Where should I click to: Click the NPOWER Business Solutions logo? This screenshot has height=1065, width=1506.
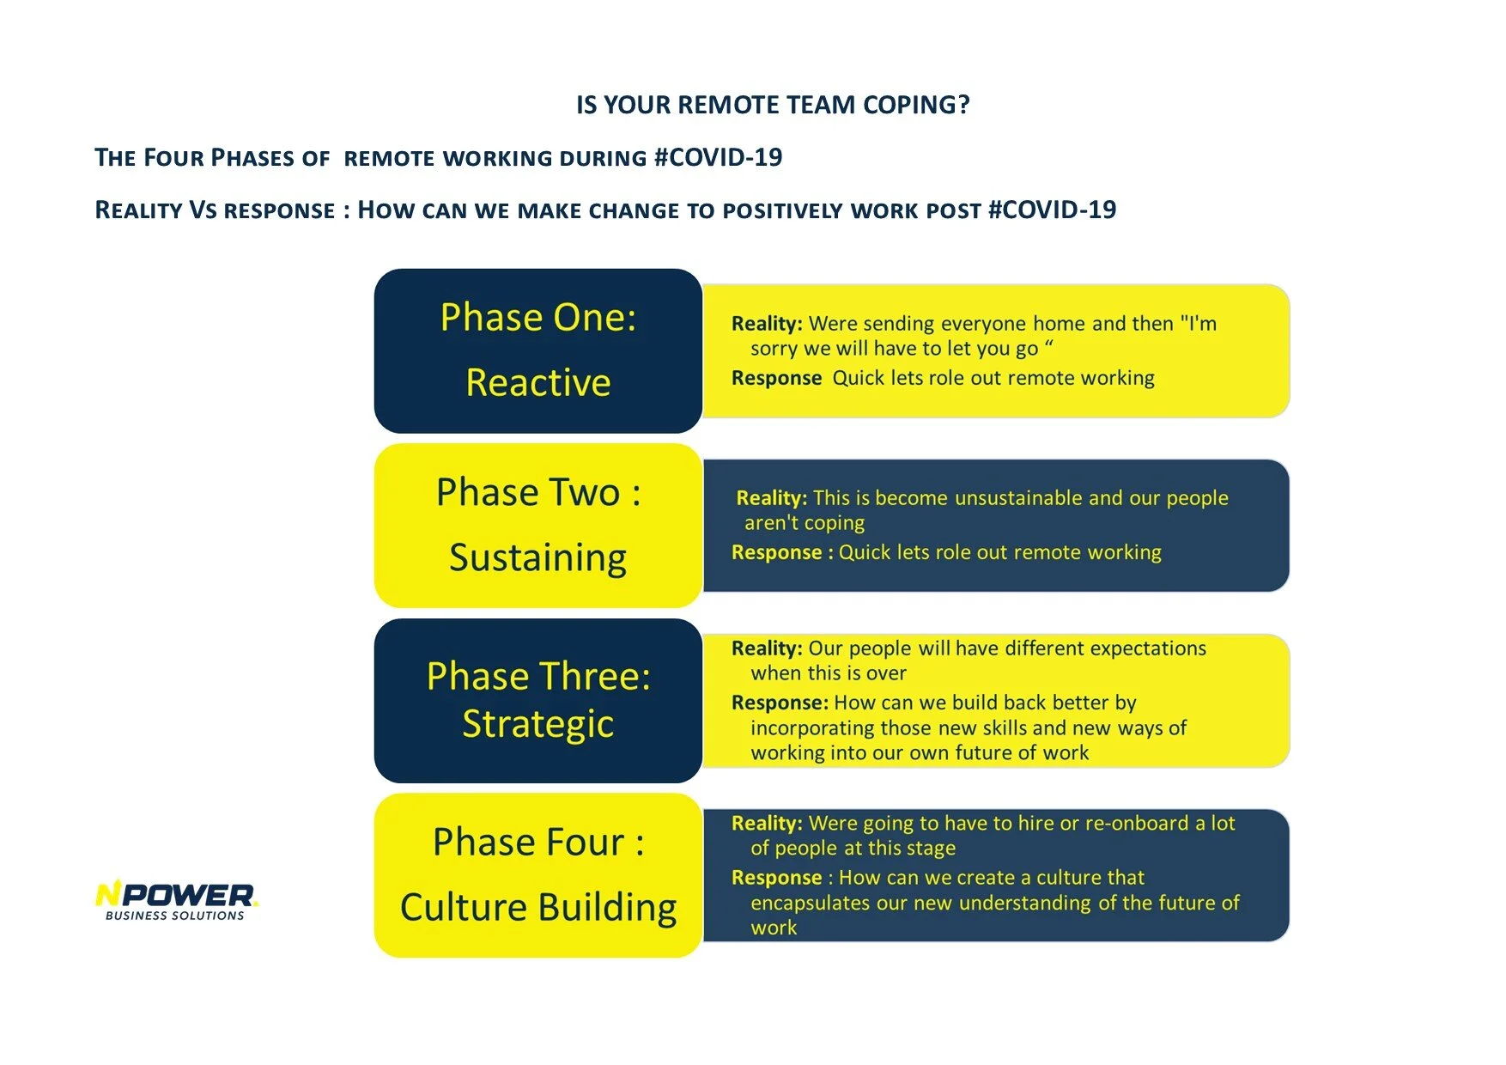point(176,900)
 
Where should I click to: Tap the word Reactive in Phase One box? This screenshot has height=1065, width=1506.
point(538,383)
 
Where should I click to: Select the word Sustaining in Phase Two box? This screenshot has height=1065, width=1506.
point(538,558)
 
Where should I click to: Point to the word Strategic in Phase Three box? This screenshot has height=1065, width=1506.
point(538,724)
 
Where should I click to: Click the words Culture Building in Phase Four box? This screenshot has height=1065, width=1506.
point(538,908)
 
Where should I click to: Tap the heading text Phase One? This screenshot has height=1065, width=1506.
point(538,318)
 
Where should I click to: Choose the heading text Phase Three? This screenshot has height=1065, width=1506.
point(538,677)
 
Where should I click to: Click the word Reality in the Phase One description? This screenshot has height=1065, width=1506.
point(766,324)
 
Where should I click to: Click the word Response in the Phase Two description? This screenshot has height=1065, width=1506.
point(776,553)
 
